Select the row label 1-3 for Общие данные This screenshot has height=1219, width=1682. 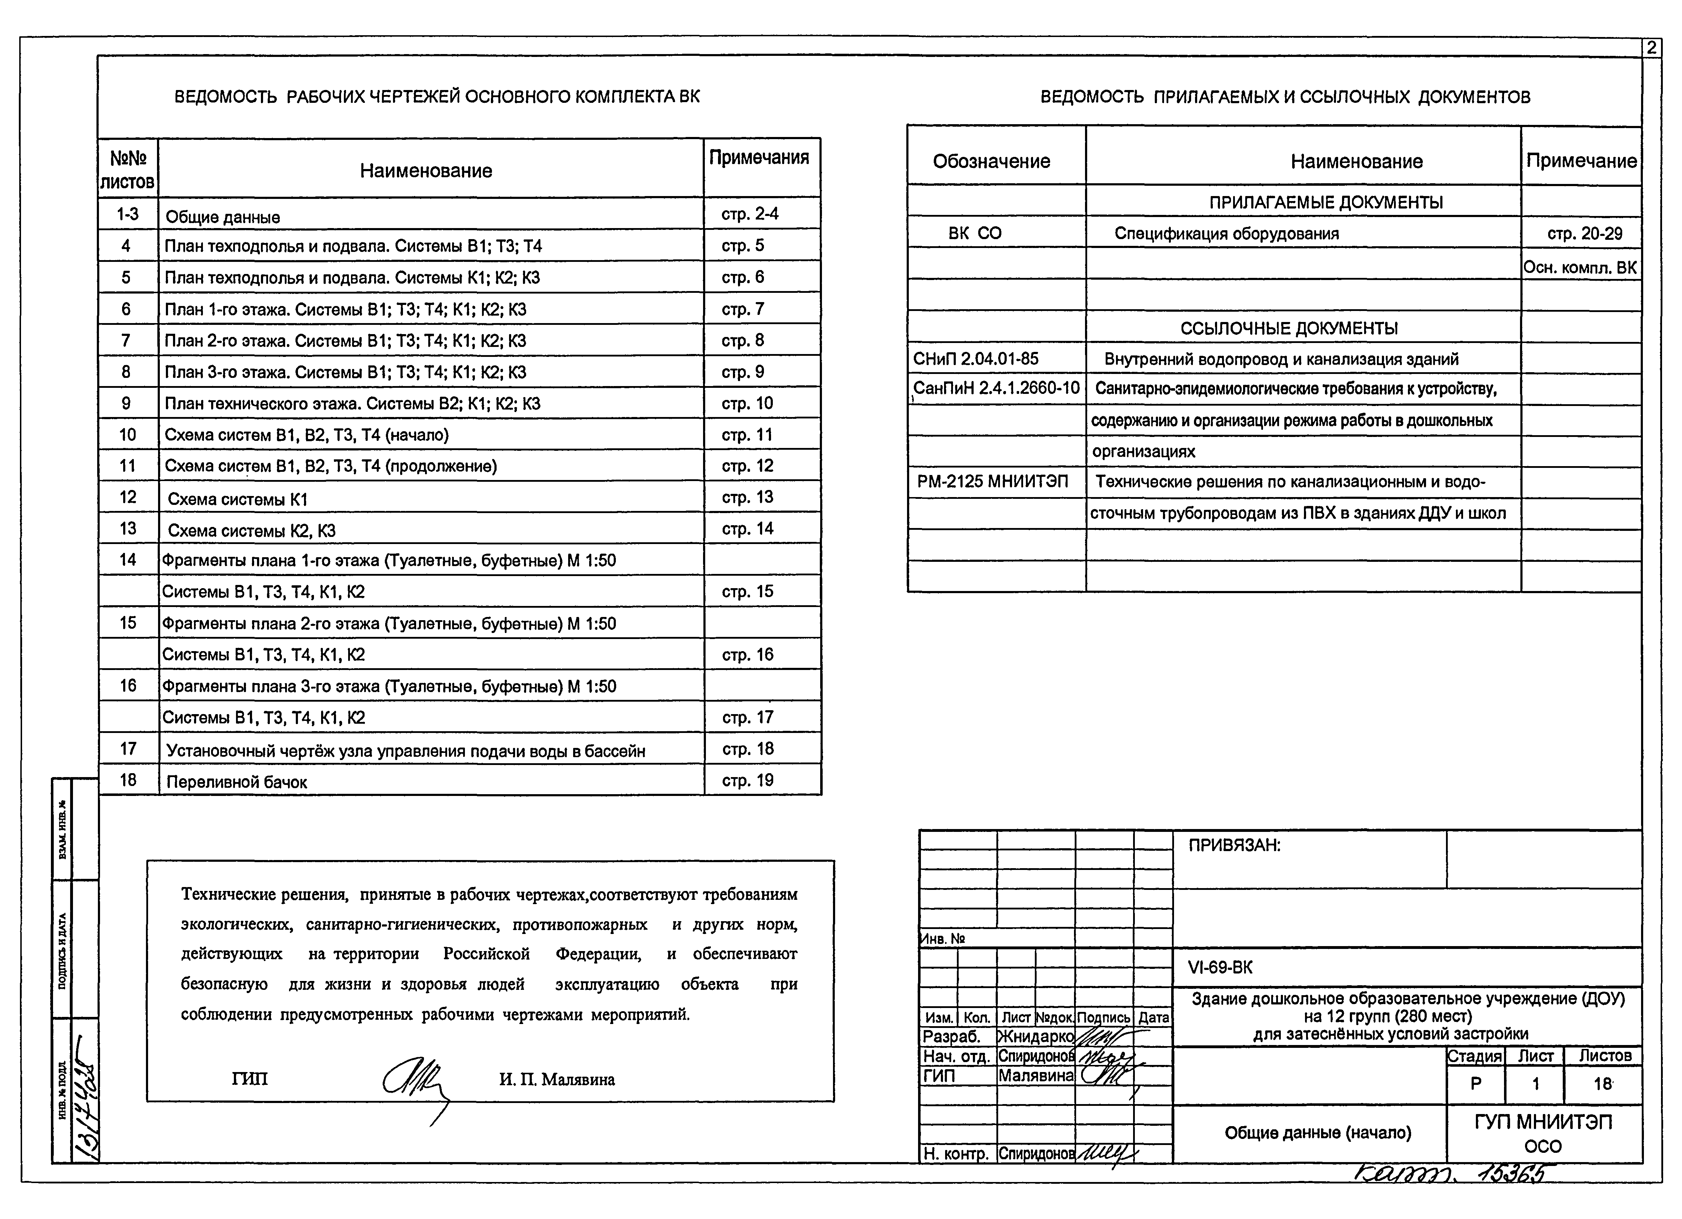127,214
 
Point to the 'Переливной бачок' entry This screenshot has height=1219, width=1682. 237,781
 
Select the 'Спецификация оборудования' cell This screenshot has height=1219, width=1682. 1227,233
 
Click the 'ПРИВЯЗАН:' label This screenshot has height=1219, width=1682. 1234,845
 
